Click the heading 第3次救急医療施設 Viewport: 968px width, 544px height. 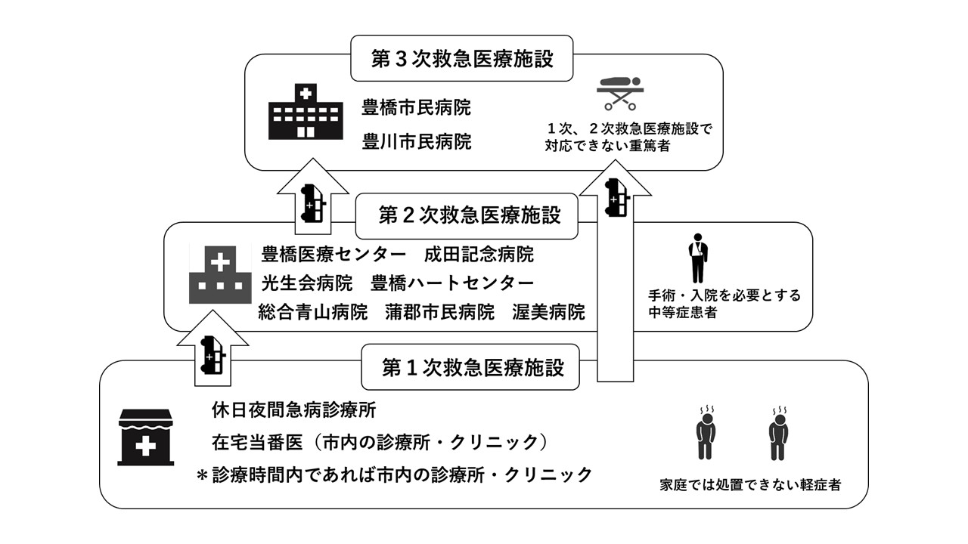[x=462, y=59]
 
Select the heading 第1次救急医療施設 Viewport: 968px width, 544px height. [x=473, y=368]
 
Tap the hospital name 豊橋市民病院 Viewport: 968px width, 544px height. [x=416, y=108]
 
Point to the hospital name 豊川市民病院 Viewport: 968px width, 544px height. [x=416, y=141]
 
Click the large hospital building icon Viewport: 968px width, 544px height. [x=305, y=112]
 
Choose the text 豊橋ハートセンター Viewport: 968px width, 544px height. [x=452, y=283]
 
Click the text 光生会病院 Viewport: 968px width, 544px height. [x=307, y=283]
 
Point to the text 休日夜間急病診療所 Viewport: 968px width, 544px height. [x=294, y=411]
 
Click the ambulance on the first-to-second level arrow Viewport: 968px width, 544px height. [x=213, y=356]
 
